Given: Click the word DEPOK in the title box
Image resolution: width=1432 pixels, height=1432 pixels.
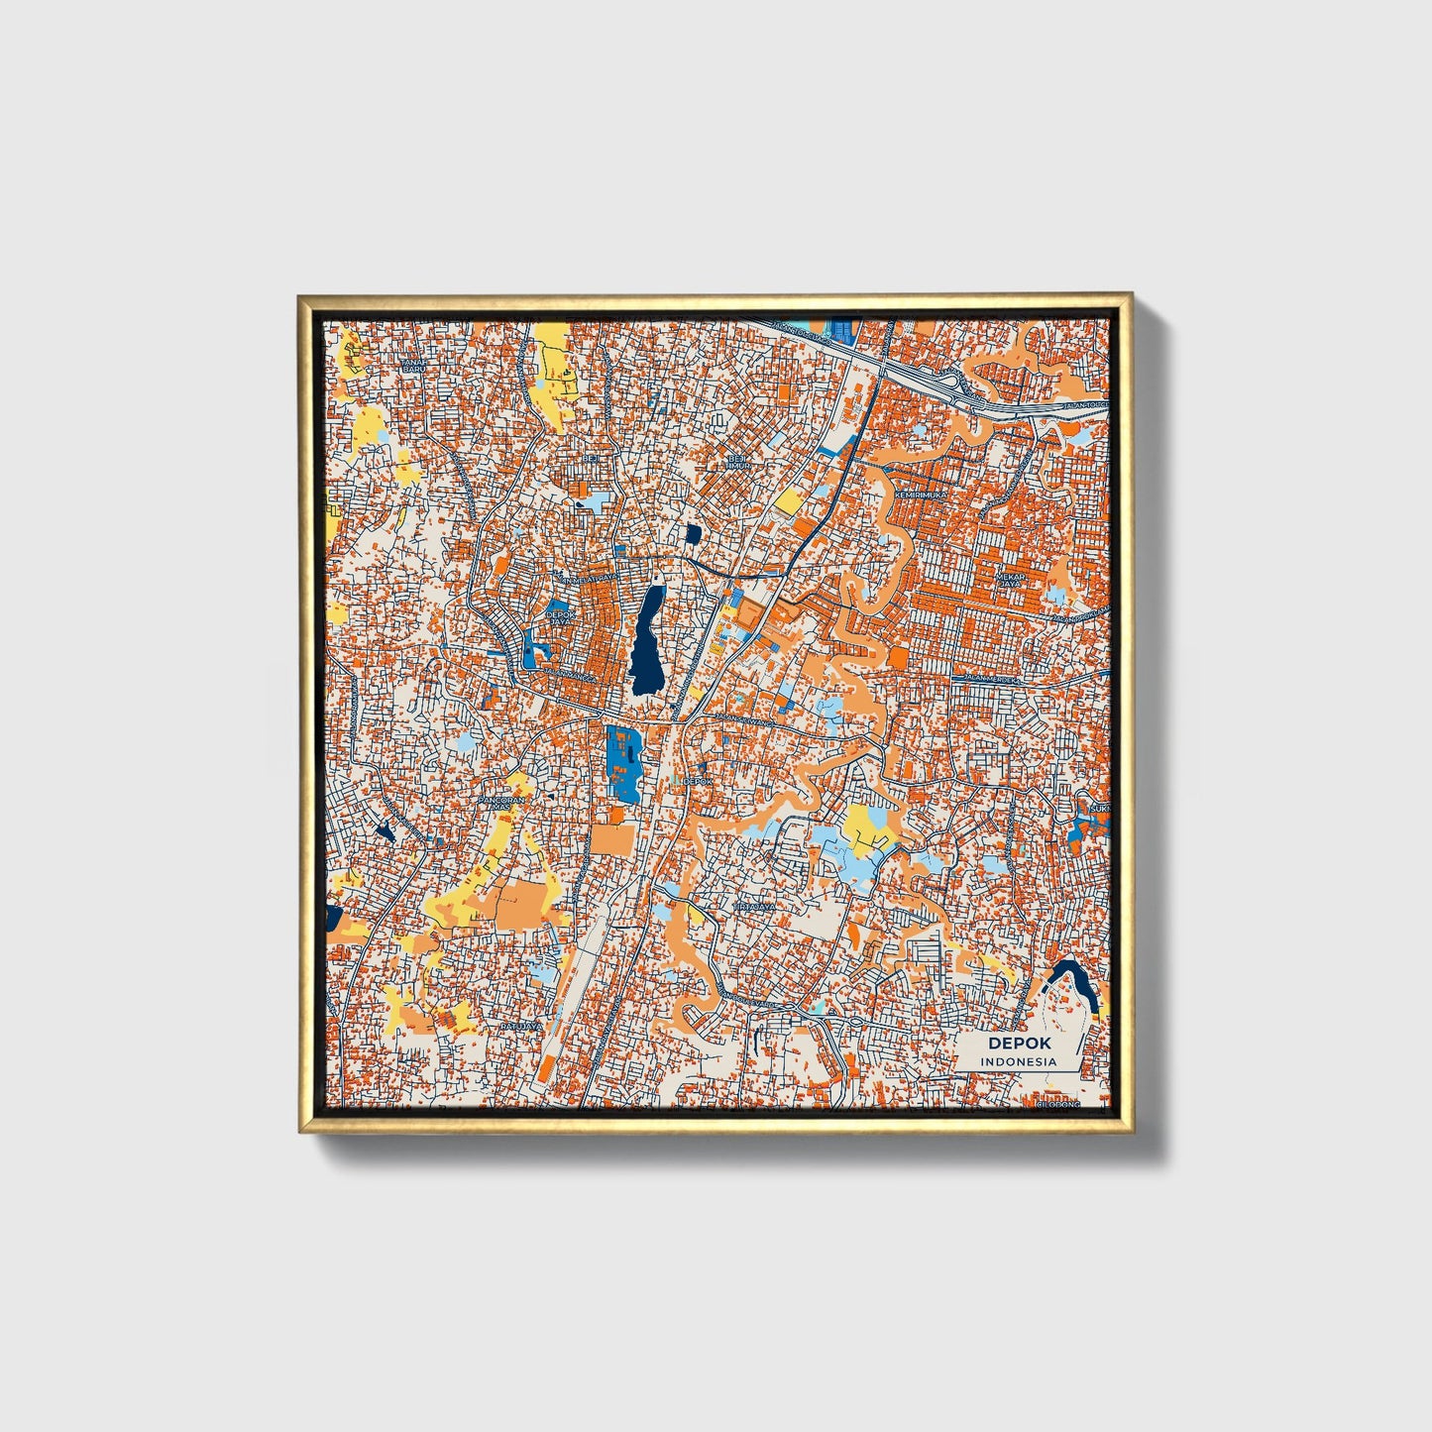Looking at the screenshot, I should [x=1019, y=1044].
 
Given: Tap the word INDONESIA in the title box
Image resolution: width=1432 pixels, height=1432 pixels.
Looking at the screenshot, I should [x=1019, y=1061].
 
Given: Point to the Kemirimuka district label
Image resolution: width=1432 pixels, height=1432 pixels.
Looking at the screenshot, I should [x=920, y=494].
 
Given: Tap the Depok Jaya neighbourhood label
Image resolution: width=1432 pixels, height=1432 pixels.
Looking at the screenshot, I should [x=560, y=617].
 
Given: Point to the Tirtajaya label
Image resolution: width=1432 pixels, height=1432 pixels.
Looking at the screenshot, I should [x=754, y=906].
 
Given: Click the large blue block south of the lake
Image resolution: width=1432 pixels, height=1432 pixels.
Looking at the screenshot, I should [x=623, y=762].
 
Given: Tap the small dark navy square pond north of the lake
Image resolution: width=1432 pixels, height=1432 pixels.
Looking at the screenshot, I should [x=693, y=535].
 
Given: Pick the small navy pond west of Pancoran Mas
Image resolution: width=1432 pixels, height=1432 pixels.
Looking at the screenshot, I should [x=385, y=830].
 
